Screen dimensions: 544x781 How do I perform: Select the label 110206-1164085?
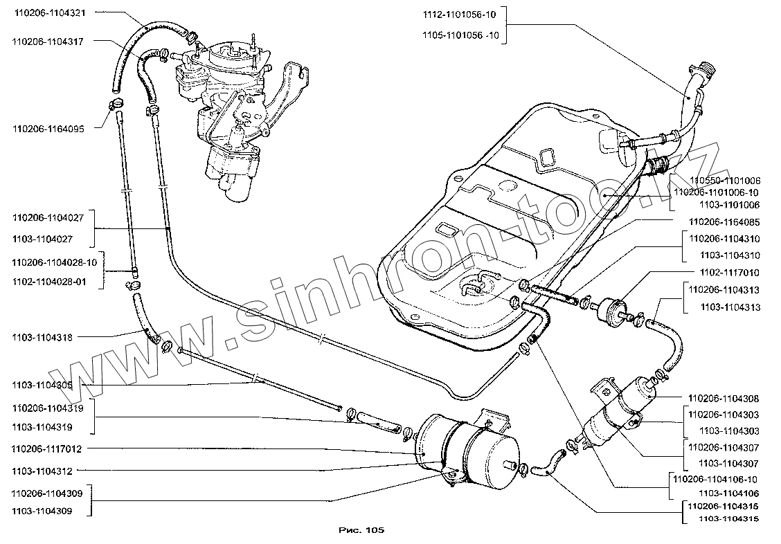click(x=724, y=222)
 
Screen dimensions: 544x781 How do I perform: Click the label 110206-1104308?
click(x=724, y=399)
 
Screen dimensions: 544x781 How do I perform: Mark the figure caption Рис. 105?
click(x=361, y=530)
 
